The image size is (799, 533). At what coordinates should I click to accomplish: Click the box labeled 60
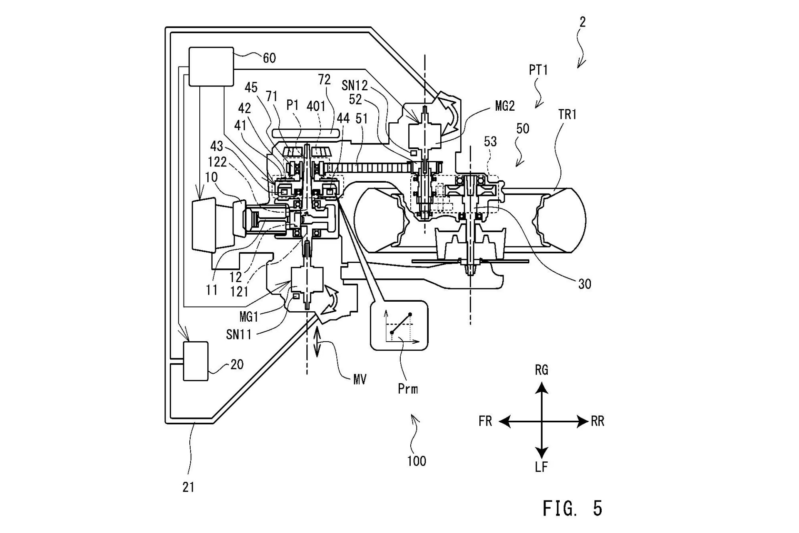click(211, 67)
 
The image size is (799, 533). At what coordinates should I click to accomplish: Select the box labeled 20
click(196, 361)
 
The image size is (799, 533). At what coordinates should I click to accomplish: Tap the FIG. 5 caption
click(573, 508)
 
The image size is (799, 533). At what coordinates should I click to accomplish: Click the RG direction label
click(541, 369)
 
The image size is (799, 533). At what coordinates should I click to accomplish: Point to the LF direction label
click(541, 467)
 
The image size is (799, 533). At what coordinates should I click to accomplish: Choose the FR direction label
click(485, 421)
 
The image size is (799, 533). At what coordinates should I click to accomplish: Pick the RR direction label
click(597, 421)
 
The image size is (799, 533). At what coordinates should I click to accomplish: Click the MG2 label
click(505, 107)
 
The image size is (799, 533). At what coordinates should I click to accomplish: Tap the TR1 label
click(568, 114)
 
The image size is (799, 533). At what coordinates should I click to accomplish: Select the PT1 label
click(538, 70)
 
